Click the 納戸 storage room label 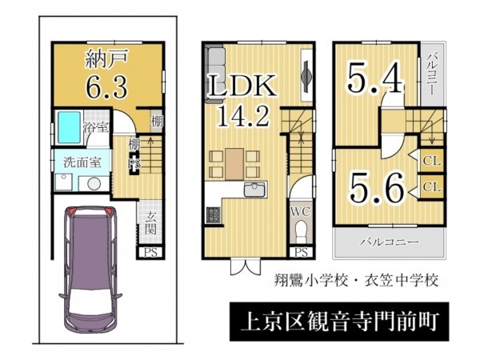(106, 58)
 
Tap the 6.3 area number (106, 86)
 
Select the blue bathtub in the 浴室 (69, 127)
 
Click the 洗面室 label (82, 162)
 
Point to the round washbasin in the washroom (94, 184)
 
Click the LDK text (242, 86)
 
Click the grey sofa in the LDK (215, 74)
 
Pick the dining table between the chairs (234, 164)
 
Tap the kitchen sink (254, 190)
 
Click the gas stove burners (214, 214)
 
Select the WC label (301, 211)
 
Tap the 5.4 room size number (374, 78)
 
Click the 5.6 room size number (376, 187)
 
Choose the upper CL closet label (432, 161)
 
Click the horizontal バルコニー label (389, 242)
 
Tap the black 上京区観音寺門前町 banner (339, 322)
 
